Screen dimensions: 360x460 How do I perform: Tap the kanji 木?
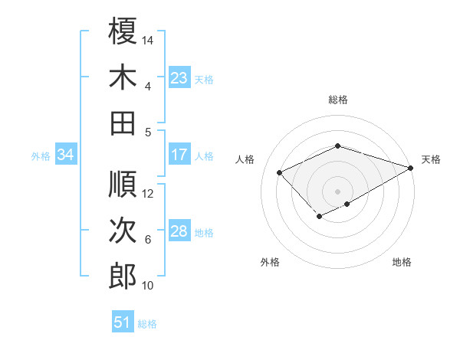(123, 77)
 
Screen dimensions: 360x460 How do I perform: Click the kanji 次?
(123, 230)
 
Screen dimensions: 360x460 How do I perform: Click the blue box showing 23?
(179, 78)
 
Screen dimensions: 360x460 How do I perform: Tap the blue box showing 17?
(179, 155)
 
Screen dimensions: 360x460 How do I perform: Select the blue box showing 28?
(179, 231)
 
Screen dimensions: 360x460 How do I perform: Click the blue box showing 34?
(65, 155)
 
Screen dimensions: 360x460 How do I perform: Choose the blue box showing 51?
(122, 322)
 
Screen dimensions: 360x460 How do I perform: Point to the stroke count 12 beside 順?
(148, 193)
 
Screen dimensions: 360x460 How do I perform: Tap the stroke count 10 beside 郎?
(148, 286)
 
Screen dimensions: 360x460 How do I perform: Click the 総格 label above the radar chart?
(338, 100)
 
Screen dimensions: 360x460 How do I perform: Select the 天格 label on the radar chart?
(431, 159)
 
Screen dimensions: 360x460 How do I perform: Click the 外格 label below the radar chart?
(270, 262)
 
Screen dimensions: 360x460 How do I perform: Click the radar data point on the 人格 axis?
(280, 172)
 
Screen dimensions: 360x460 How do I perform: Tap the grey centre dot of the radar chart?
(337, 190)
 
